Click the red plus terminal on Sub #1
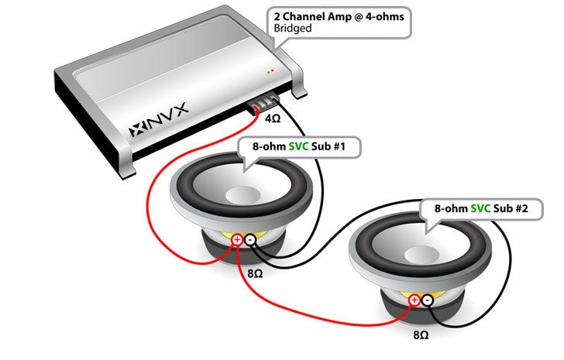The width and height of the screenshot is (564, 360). (237, 240)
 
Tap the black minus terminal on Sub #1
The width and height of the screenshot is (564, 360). (250, 240)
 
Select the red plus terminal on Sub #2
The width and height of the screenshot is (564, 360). (414, 300)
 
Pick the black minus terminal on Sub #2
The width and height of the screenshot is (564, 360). (428, 300)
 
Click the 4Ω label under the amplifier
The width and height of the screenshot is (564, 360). (273, 118)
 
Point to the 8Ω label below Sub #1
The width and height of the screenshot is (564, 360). (255, 274)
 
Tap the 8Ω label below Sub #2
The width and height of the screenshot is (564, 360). (421, 335)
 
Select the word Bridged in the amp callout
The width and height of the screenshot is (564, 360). (293, 29)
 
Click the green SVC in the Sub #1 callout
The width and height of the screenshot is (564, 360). (299, 146)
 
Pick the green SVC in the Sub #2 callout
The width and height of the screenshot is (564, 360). (481, 208)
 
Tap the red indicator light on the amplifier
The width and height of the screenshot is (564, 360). (273, 70)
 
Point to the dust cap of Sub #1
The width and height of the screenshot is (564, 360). (242, 195)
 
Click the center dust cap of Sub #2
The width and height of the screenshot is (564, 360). (422, 255)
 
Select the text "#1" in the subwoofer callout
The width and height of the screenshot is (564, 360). (339, 146)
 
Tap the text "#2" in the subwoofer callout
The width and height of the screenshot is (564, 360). (521, 208)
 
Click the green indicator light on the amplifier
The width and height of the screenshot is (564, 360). (268, 73)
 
